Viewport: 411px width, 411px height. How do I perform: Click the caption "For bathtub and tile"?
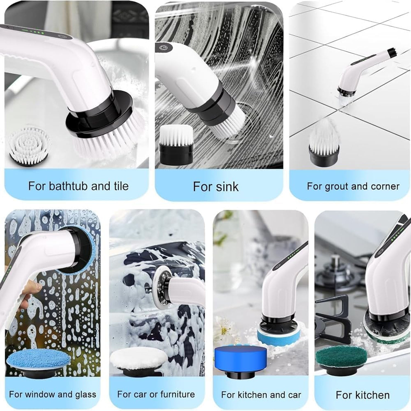coord(78,186)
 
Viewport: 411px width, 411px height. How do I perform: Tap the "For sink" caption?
coord(216,187)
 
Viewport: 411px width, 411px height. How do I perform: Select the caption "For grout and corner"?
coord(353,186)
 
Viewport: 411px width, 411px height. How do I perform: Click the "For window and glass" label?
coord(53,394)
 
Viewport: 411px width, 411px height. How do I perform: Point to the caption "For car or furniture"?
coord(156,394)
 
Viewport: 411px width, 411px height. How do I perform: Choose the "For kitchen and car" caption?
coord(261,395)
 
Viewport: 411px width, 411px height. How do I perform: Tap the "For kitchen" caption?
coord(363,395)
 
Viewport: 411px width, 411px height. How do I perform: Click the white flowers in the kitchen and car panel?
coord(224,327)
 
